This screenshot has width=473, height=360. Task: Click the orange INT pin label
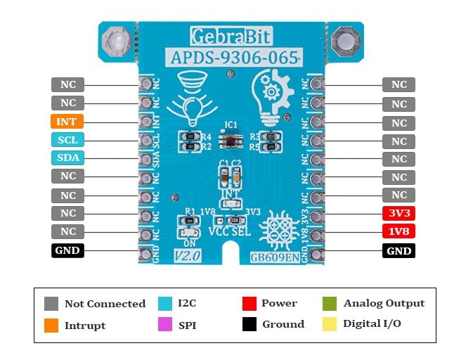pyautogui.click(x=67, y=122)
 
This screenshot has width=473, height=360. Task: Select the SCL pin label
pyautogui.click(x=67, y=140)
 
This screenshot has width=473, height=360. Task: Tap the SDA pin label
pyautogui.click(x=67, y=158)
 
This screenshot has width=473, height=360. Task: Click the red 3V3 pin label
pyautogui.click(x=399, y=214)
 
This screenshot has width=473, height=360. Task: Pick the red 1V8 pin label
pyautogui.click(x=399, y=231)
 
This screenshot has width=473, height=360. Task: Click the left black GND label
pyautogui.click(x=67, y=250)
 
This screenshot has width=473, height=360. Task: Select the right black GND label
pyautogui.click(x=399, y=250)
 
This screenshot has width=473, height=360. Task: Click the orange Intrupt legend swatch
pyautogui.click(x=51, y=325)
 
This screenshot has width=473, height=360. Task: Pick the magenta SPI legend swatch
pyautogui.click(x=166, y=325)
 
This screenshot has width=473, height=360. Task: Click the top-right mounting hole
pyautogui.click(x=346, y=42)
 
